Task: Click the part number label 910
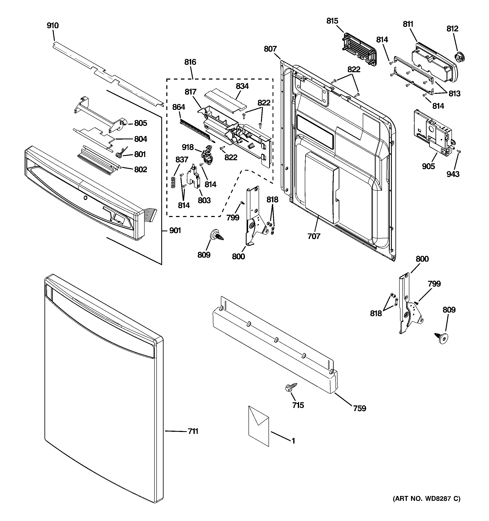53,26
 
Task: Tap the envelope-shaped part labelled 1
259,426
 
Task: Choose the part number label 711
193,431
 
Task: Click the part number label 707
314,236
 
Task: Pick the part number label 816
190,62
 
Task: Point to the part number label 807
270,49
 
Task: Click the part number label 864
179,107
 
